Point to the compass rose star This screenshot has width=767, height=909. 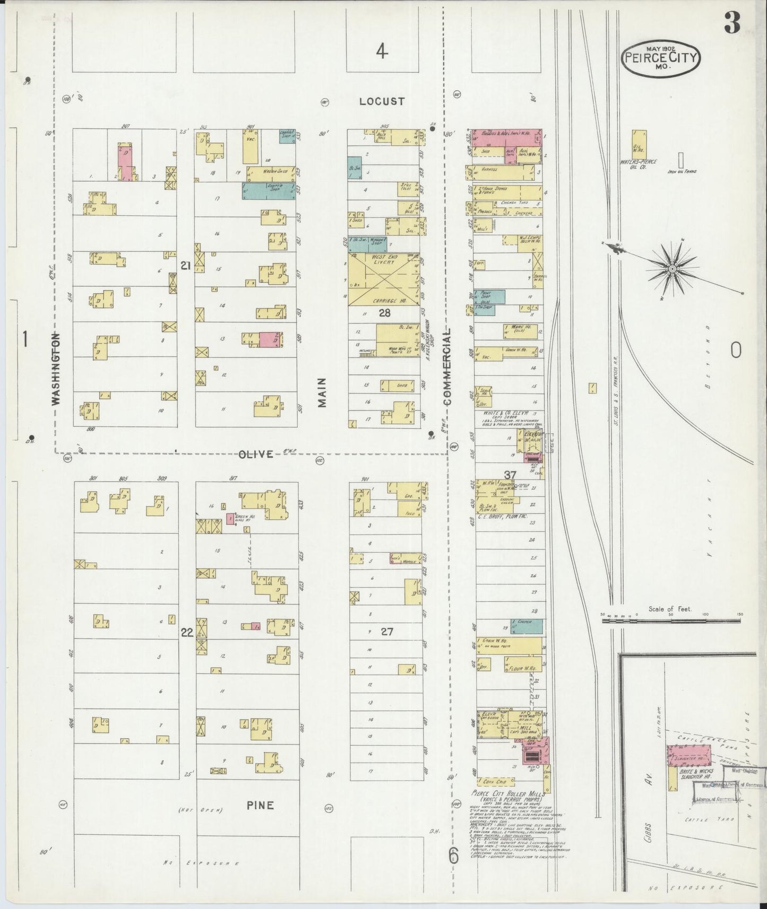pos(673,269)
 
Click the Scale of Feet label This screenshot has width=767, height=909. pos(670,609)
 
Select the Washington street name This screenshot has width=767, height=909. pos(56,369)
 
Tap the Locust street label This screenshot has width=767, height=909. pos(381,101)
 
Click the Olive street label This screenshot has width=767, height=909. pos(256,454)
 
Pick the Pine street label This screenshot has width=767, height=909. pos(260,805)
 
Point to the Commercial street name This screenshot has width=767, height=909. pos(447,366)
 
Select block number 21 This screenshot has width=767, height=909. pos(185,266)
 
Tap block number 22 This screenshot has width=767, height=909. pos(187,633)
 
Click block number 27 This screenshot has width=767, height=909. pos(387,632)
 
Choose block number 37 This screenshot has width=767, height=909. pos(510,475)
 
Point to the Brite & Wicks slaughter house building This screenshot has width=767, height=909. pos(688,754)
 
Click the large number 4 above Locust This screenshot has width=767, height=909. pos(381,51)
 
